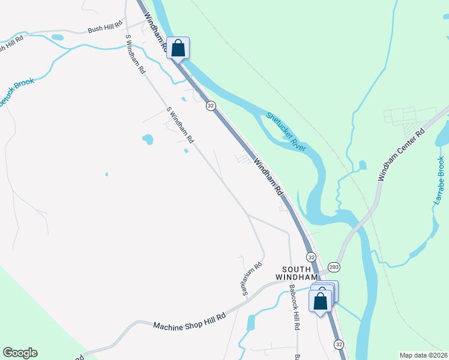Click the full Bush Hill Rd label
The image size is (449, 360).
pyautogui.click(x=104, y=29)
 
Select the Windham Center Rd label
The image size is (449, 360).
pyautogui.click(x=401, y=154)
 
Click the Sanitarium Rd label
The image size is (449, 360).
pyautogui.click(x=252, y=279)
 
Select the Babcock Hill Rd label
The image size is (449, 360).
pyautogui.click(x=294, y=307)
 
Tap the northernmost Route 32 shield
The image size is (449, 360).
pyautogui.click(x=210, y=106)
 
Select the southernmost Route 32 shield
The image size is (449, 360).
pyautogui.click(x=339, y=344)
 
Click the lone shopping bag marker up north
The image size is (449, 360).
pyautogui.click(x=178, y=48)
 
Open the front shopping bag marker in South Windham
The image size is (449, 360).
pyautogui.click(x=321, y=300)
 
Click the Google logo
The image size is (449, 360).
pyautogui.click(x=20, y=353)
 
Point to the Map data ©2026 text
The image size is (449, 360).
pyautogui.click(x=423, y=355)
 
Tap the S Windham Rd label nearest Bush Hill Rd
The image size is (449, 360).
pyautogui.click(x=136, y=54)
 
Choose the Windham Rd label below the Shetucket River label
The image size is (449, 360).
pyautogui.click(x=268, y=176)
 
